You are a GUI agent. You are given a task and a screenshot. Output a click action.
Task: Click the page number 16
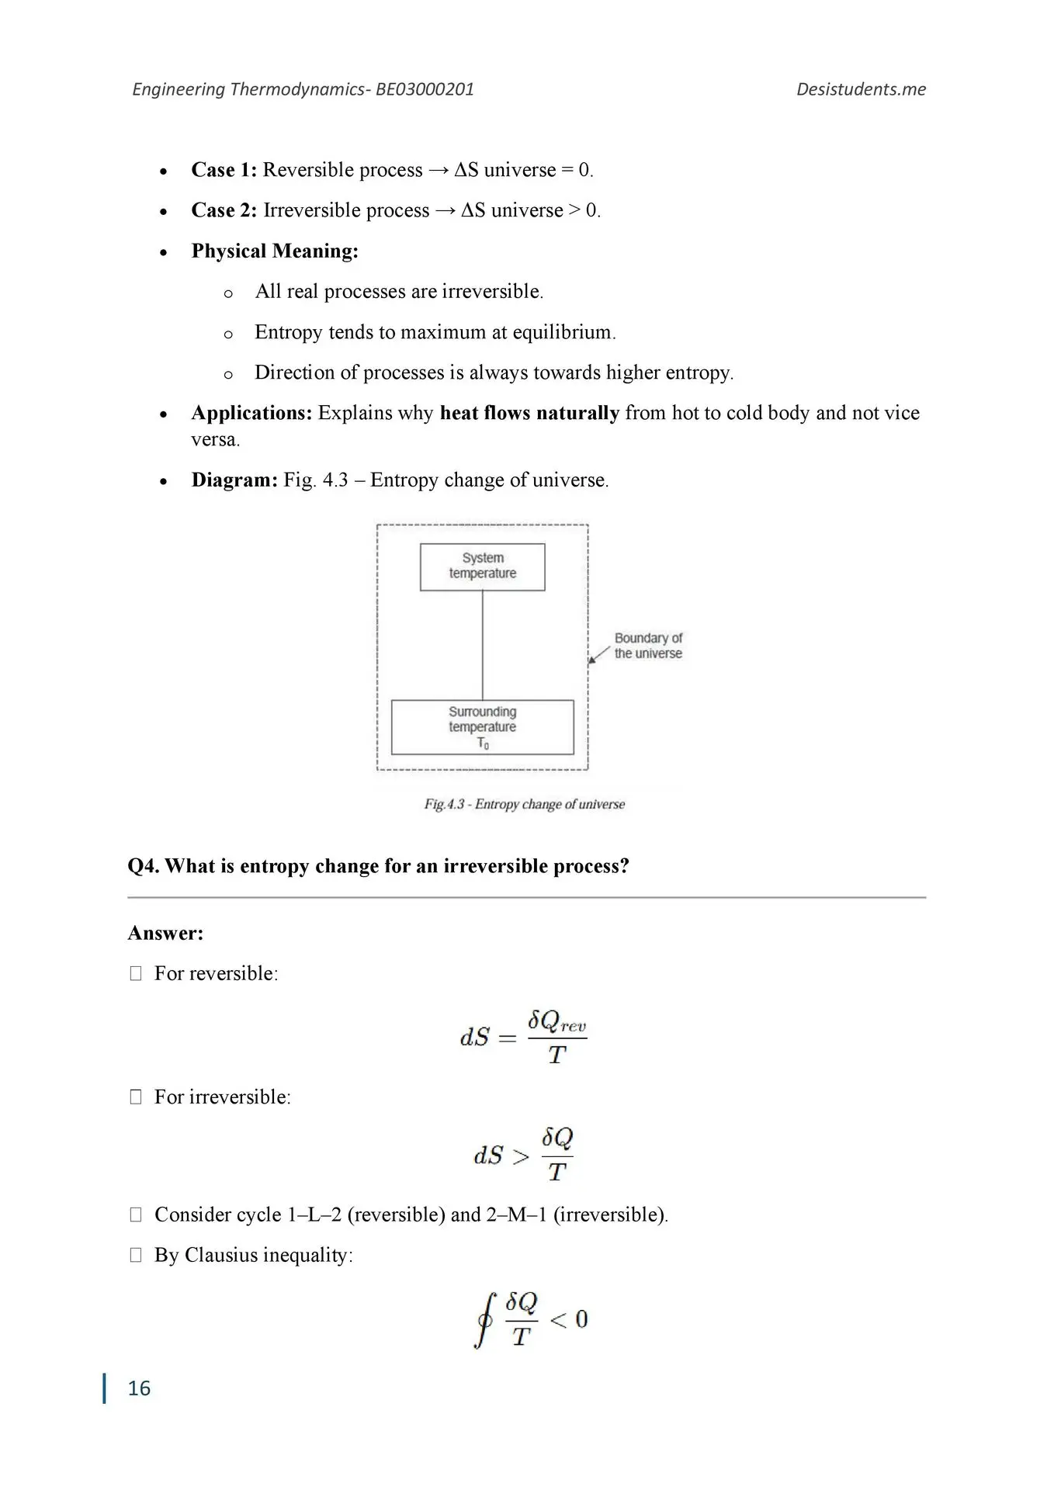tap(139, 1388)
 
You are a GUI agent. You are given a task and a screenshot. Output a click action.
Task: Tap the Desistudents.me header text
tap(861, 89)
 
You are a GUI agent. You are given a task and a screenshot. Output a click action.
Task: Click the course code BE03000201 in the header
tap(425, 89)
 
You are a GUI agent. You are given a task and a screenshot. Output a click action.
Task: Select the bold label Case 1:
tap(224, 170)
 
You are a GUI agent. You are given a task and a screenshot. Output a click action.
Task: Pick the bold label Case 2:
tap(224, 210)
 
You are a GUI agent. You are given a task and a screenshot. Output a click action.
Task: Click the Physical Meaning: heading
tap(275, 251)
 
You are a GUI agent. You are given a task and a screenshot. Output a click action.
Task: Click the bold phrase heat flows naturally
tap(529, 413)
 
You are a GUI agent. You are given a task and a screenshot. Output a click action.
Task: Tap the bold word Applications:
tap(251, 413)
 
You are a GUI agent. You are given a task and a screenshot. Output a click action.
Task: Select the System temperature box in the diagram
tap(482, 567)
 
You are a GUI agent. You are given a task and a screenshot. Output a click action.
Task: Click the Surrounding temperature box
tap(482, 727)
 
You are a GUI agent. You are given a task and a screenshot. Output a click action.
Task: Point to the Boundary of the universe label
tap(648, 646)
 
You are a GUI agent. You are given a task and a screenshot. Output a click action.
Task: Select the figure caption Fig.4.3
tap(444, 804)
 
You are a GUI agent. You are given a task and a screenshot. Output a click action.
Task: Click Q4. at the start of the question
tap(144, 866)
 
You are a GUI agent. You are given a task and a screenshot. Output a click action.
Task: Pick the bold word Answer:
tap(165, 933)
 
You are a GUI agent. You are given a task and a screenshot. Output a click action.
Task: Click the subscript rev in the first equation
tap(573, 1027)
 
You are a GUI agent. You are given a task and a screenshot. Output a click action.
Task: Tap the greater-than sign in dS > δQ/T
tap(522, 1156)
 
